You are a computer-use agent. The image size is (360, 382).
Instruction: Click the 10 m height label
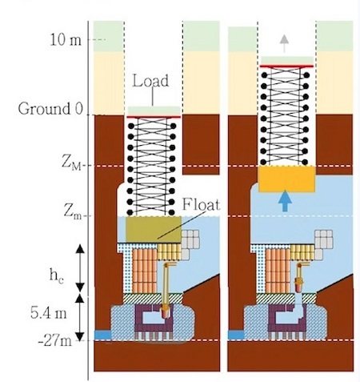(x=66, y=40)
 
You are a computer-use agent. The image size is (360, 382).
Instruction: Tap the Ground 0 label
(x=50, y=109)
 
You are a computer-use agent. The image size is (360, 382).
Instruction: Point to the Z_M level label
(x=71, y=163)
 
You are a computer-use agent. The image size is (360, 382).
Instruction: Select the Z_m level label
(x=72, y=212)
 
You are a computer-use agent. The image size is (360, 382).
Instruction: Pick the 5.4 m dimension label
(x=48, y=312)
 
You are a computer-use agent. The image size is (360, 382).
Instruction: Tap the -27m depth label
(x=55, y=341)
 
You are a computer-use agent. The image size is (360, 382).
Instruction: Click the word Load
(x=150, y=81)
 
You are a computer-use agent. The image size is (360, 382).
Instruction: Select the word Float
(x=201, y=205)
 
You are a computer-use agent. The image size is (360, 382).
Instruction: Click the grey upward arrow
(x=284, y=43)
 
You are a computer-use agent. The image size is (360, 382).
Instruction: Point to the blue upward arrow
(x=285, y=200)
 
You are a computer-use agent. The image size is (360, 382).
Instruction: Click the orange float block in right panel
(x=287, y=179)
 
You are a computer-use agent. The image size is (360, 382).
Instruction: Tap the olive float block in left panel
(x=154, y=230)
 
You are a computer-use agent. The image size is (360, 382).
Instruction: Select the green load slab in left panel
(x=154, y=111)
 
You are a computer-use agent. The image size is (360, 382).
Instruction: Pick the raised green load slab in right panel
(x=287, y=60)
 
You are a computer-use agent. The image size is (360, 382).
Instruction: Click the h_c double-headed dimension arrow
(x=80, y=268)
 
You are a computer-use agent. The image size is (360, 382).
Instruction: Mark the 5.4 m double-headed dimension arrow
(x=80, y=317)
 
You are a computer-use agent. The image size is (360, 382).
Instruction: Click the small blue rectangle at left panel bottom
(x=102, y=335)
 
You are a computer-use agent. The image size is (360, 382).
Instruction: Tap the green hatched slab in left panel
(x=153, y=299)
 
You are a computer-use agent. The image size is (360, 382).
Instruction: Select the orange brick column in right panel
(x=278, y=271)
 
